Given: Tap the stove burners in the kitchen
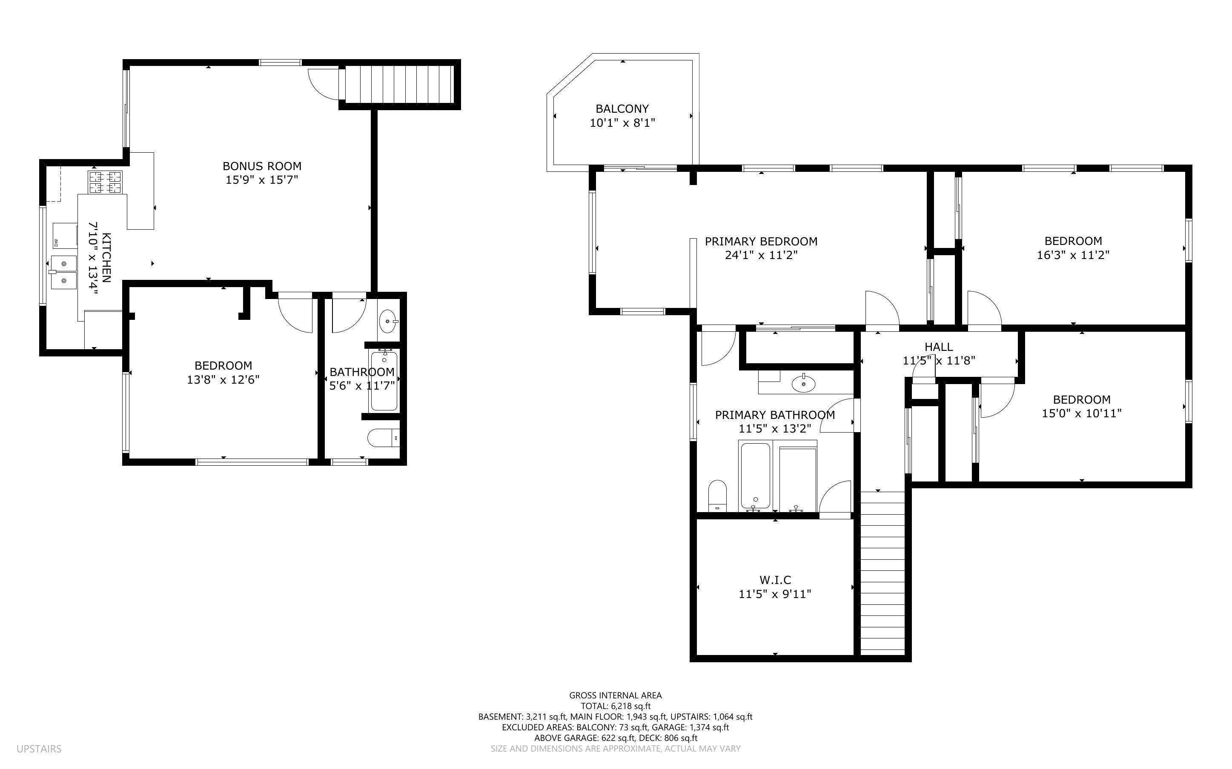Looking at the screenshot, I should coord(106,182).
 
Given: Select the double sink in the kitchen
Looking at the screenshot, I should coord(63,273).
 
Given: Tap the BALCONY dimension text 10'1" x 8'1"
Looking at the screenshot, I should coord(622,122).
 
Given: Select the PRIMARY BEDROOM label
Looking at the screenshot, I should coord(761,241).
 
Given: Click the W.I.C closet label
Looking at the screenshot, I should coord(775,580).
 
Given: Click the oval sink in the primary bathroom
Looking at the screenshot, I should coord(803,384).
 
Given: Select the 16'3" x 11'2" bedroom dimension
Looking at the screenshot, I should coord(1073,255).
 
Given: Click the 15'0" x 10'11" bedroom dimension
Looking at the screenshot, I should coord(1081,413).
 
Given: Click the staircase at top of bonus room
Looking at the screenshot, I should coord(399,84).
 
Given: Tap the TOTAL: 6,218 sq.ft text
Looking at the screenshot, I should coord(615,706).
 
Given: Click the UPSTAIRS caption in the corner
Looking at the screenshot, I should coord(39,749).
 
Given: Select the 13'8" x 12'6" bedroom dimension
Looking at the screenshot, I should coord(223,379).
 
